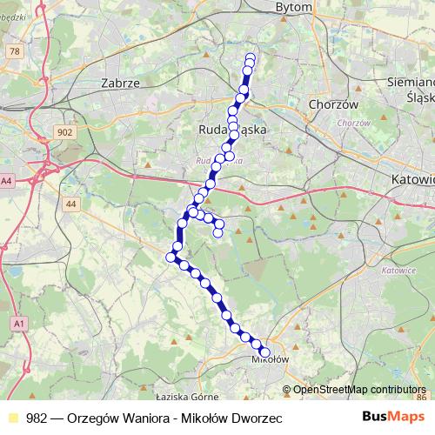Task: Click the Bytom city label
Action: click(x=269, y=6)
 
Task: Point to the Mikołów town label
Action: click(x=269, y=358)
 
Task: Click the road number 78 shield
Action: click(x=13, y=52)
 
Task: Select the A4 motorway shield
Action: click(x=7, y=181)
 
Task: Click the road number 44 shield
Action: click(x=71, y=204)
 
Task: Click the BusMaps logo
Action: click(x=390, y=417)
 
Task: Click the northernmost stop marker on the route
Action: click(x=251, y=57)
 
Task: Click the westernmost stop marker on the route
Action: click(x=171, y=256)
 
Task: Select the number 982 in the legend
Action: click(x=37, y=418)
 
